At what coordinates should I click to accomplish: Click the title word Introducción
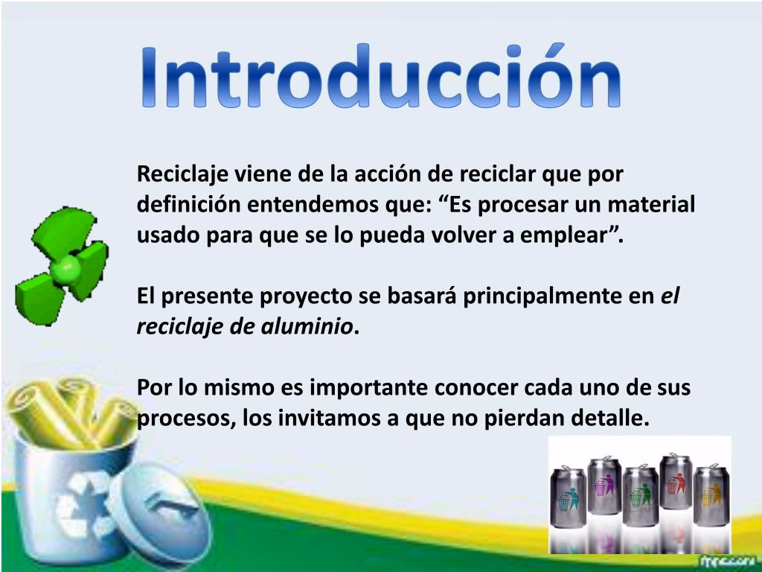pos(381,76)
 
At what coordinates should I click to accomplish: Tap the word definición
pos(188,205)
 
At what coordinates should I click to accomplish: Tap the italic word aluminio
pos(306,326)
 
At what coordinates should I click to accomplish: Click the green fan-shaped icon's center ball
pos(65,269)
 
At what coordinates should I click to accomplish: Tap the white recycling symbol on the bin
pos(80,505)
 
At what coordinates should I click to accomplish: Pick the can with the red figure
pos(676,482)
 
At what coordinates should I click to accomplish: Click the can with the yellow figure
pos(711,495)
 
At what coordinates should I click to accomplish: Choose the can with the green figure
pos(641,495)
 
